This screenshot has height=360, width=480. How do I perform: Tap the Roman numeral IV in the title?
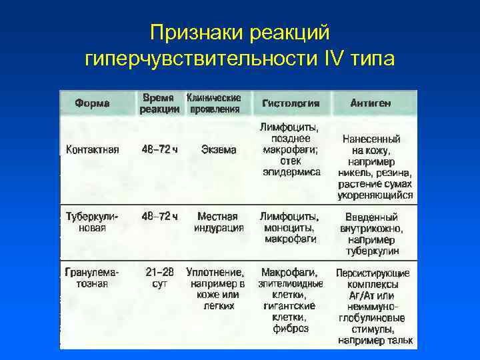(x=332, y=59)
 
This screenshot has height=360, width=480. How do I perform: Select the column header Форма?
(x=93, y=103)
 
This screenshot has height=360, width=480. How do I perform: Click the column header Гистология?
(x=291, y=103)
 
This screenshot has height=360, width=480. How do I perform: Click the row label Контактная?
(x=93, y=150)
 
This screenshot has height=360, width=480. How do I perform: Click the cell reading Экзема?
(x=219, y=150)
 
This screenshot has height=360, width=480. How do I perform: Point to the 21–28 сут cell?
(x=160, y=278)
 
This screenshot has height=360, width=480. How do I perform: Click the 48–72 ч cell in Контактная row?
(x=160, y=150)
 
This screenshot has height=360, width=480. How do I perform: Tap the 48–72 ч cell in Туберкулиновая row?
(x=160, y=217)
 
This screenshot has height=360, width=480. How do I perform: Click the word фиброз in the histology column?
(x=291, y=328)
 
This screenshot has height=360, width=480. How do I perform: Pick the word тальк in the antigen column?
(x=399, y=340)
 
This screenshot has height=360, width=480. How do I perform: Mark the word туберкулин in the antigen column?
(x=372, y=251)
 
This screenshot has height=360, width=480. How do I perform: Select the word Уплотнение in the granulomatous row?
(x=215, y=273)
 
